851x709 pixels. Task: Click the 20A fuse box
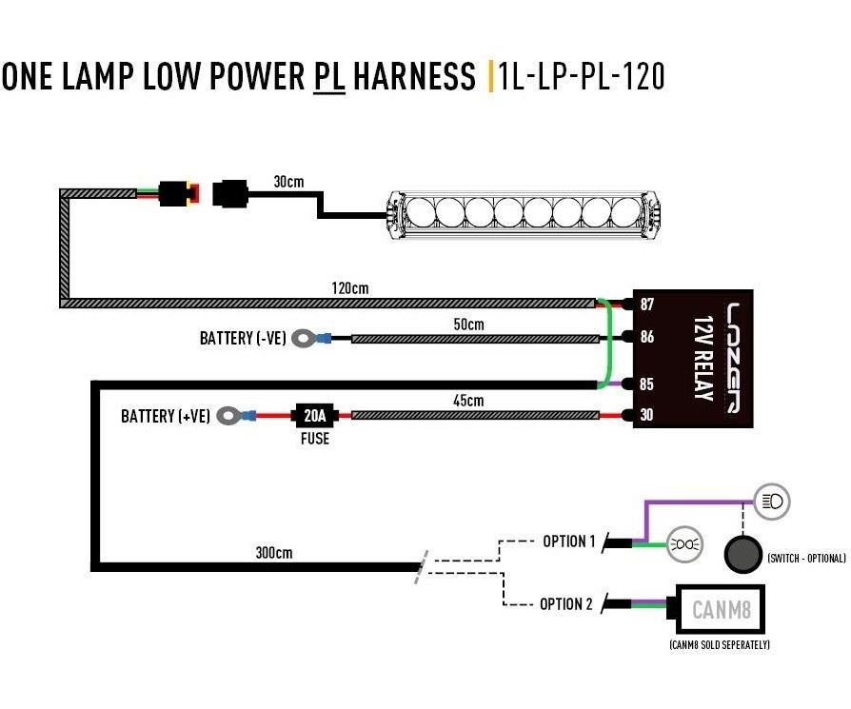(315, 416)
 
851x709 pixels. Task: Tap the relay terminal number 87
(647, 305)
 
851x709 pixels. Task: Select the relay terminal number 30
(646, 415)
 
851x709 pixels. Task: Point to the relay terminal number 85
(646, 384)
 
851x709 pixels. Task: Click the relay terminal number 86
(647, 337)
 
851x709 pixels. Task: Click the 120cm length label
(350, 288)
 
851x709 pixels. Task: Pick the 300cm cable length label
(274, 553)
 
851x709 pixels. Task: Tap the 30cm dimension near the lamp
(288, 181)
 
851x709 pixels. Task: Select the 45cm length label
(468, 401)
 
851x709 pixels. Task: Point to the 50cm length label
(468, 325)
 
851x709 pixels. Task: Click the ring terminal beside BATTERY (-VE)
(304, 339)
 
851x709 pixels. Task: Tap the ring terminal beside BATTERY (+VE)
(228, 416)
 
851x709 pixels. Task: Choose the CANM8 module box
(720, 609)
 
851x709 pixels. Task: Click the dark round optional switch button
(742, 554)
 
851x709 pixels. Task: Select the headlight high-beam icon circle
(772, 502)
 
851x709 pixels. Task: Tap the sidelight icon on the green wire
(685, 544)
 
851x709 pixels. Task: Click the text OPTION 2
(566, 603)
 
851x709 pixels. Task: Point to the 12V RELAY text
(703, 359)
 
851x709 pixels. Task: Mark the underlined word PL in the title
(329, 76)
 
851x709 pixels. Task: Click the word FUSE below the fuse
(315, 439)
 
